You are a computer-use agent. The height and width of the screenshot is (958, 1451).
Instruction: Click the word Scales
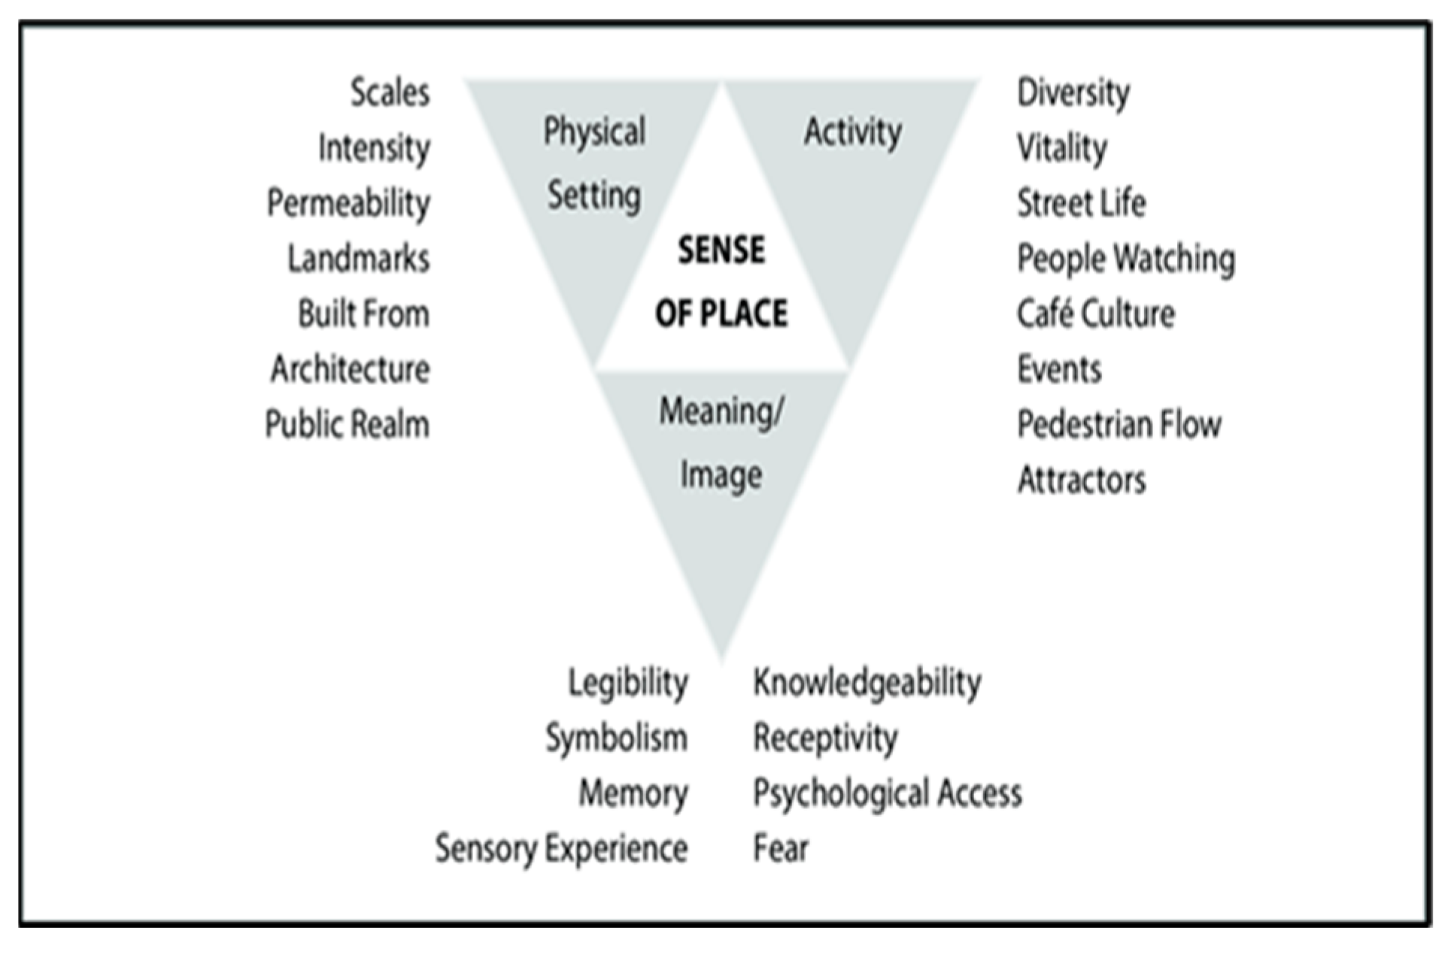(390, 92)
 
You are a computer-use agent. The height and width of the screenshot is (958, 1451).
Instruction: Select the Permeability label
(348, 203)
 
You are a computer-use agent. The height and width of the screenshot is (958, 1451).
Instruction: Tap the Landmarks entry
(358, 259)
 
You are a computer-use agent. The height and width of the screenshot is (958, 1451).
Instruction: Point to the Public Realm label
(347, 424)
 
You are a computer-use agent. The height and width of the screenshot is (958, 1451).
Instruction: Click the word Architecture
(350, 369)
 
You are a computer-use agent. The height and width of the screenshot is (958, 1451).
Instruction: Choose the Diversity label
(1073, 93)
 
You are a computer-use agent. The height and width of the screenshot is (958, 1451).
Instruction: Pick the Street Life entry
(1081, 203)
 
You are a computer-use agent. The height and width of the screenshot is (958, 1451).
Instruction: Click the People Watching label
(1126, 259)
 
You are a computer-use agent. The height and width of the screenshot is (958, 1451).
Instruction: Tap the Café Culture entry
(1095, 314)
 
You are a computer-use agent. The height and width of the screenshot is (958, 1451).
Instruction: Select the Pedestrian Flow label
(1119, 424)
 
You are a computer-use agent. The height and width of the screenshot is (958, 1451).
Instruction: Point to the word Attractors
(1081, 480)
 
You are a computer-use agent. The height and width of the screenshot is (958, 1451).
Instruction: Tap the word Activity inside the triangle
(852, 132)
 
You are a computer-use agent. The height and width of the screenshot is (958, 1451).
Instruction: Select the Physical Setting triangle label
(594, 164)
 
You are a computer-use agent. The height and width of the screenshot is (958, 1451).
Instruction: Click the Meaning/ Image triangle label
(721, 443)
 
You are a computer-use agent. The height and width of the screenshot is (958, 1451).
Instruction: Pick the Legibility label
(627, 683)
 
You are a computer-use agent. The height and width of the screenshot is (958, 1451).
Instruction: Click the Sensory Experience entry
(561, 848)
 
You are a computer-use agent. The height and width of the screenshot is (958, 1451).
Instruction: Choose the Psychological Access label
(888, 793)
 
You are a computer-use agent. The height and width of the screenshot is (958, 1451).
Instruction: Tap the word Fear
(781, 848)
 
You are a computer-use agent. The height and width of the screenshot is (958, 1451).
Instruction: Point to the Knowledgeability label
(867, 683)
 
